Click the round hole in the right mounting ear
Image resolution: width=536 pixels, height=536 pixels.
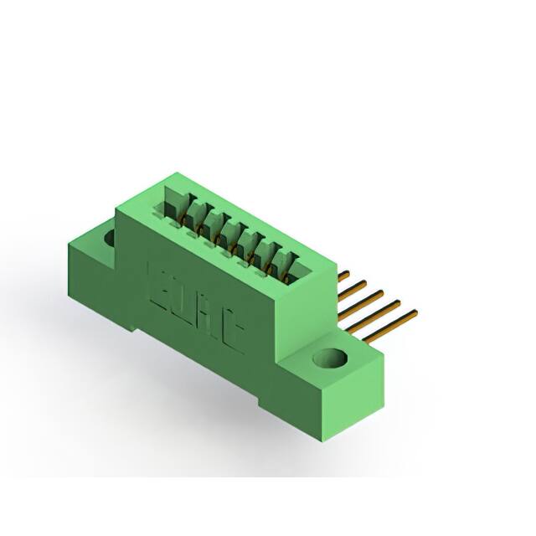click(331, 359)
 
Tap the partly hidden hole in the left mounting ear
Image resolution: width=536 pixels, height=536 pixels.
click(109, 238)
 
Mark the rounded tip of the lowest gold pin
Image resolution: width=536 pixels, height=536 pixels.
click(414, 313)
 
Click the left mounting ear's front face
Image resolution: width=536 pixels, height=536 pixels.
click(88, 276)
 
